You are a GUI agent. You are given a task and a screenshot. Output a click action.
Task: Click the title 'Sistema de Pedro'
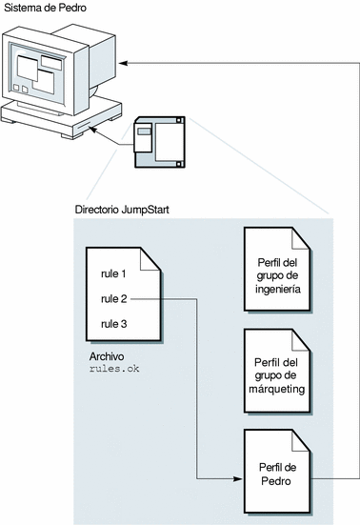[x=45, y=8]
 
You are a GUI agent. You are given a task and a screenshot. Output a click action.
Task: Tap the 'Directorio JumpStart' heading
[x=122, y=210]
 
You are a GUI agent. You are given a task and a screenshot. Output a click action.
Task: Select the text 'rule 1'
[x=113, y=273]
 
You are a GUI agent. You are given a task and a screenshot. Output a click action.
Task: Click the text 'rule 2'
[x=113, y=298]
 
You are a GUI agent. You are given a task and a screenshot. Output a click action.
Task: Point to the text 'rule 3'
[x=113, y=324]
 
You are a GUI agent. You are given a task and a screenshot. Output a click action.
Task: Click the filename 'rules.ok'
[x=114, y=369]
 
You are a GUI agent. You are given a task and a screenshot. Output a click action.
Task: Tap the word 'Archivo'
[x=107, y=356]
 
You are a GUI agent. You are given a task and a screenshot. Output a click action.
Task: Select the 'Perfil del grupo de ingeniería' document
[x=278, y=270]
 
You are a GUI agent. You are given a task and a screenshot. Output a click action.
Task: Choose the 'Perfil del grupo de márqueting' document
[x=278, y=371]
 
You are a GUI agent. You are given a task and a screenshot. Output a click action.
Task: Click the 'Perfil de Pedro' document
[x=278, y=472]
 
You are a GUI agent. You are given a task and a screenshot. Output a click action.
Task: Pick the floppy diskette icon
[x=159, y=142]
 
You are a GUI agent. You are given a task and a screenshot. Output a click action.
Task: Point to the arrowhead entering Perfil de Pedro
[x=238, y=479]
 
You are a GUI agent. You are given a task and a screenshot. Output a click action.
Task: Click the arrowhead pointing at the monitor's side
[x=123, y=63]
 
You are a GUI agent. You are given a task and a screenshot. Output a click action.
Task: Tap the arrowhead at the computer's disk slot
[x=93, y=130]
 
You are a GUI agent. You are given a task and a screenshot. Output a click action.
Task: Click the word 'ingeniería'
[x=278, y=290]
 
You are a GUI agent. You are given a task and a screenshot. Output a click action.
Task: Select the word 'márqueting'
[x=277, y=390]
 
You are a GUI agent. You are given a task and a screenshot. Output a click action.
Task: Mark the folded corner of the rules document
[x=150, y=259]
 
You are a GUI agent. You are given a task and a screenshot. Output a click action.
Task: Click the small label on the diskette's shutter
[x=144, y=131]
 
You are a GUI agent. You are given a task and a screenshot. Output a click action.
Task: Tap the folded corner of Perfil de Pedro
[x=300, y=440]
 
